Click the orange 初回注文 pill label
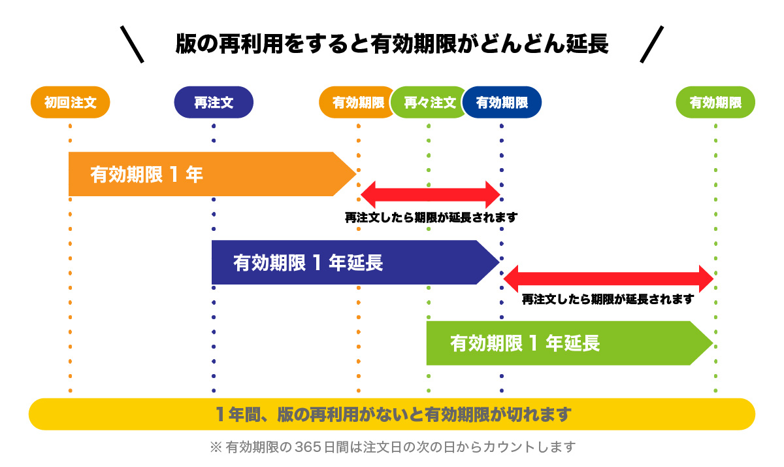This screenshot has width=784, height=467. tap(70, 103)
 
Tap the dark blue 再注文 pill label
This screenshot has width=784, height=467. tap(214, 103)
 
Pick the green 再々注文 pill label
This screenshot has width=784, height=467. tap(428, 103)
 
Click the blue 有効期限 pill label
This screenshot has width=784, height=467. tap(502, 103)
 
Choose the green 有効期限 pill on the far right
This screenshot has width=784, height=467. tap(715, 103)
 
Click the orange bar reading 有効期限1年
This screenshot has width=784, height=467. tap(203, 174)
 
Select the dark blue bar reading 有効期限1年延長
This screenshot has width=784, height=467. tap(346, 262)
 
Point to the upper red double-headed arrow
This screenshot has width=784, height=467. tap(430, 194)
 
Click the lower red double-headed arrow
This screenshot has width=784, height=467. tap(608, 279)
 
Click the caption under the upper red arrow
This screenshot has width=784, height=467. tap(431, 218)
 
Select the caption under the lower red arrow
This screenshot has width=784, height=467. tap(608, 300)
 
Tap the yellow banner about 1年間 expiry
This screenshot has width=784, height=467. tap(392, 414)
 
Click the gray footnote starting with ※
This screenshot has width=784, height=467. tap(392, 447)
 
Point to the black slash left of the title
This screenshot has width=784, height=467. tap(132, 44)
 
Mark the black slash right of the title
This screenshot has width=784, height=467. tap(651, 44)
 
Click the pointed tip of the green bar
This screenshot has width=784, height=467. tap(710, 343)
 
